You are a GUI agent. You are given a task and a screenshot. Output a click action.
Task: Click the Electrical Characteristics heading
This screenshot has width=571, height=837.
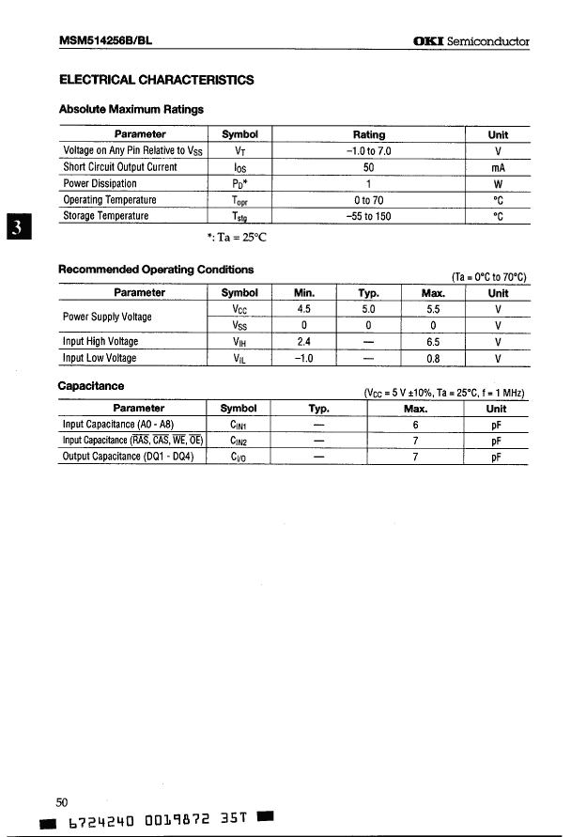coord(156,81)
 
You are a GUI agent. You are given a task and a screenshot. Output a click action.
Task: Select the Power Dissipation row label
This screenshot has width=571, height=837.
coord(100,184)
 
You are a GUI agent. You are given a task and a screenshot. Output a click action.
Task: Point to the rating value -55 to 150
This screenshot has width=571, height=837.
coord(368,216)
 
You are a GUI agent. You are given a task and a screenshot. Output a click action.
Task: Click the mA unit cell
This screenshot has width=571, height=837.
coord(498,168)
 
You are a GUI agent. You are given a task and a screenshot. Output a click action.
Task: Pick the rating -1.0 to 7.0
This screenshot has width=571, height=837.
coord(368,151)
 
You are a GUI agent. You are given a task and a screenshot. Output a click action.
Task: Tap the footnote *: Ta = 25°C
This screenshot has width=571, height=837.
coord(237,237)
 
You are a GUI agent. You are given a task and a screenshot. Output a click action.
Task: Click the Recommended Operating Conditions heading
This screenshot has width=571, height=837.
coord(156,270)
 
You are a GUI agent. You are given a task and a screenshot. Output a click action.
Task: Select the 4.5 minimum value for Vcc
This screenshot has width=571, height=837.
coord(303,309)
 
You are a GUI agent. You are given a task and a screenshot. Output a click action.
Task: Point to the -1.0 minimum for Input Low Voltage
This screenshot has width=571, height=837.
coord(303,358)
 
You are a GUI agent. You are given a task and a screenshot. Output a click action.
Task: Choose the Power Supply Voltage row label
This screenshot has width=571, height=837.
coord(107,317)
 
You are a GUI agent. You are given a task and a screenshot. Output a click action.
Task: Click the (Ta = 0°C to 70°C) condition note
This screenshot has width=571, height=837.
coord(489,276)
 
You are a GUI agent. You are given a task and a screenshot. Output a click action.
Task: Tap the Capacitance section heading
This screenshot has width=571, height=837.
coord(91,385)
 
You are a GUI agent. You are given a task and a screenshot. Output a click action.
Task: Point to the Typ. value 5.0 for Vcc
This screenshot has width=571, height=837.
coord(368,309)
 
